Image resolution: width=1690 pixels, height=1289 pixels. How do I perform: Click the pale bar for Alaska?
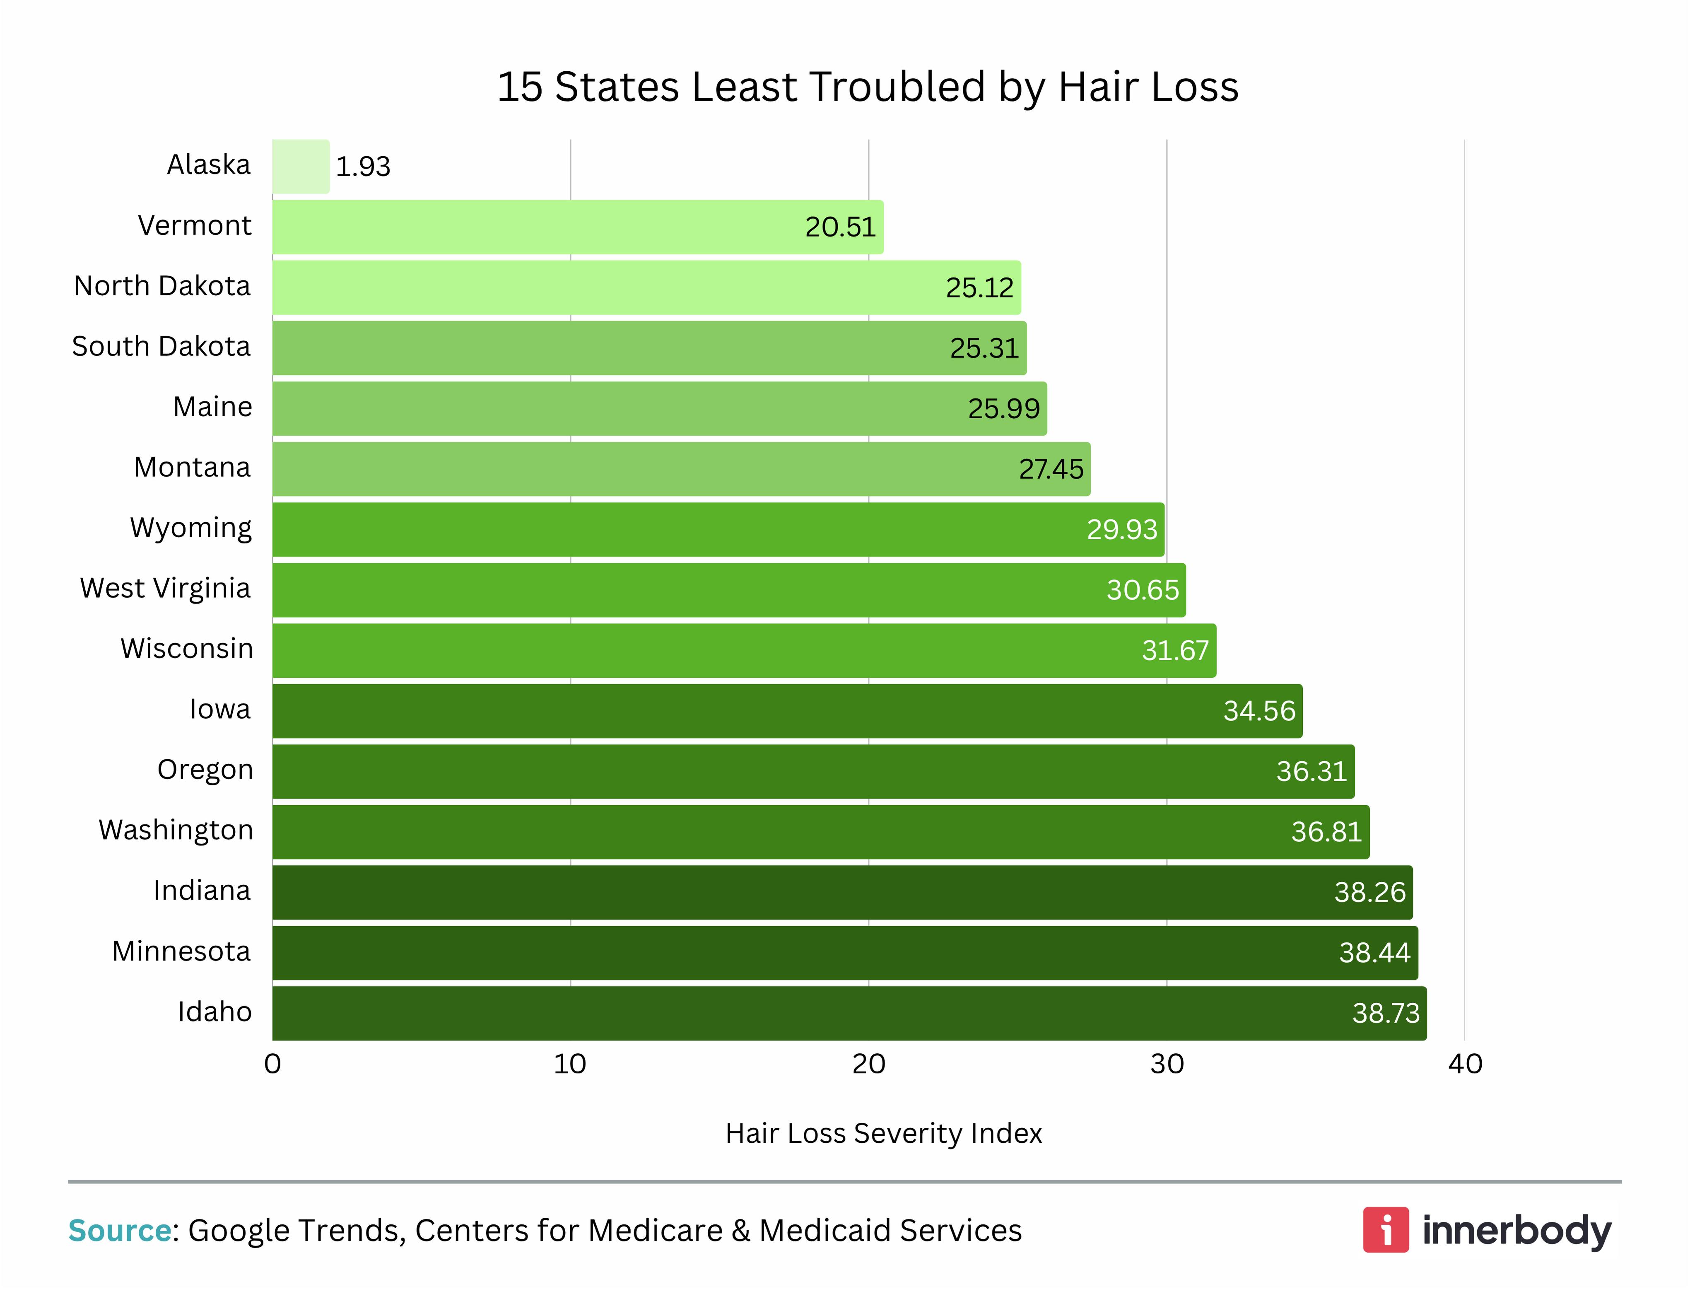pos(301,167)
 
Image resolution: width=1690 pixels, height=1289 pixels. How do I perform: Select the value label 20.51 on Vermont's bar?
pos(840,227)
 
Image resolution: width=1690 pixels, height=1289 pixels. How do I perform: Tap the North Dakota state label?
pos(162,286)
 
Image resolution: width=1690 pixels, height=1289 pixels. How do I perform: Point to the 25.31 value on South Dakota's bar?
pos(984,348)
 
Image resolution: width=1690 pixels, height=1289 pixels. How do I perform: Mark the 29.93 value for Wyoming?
pos(1121,529)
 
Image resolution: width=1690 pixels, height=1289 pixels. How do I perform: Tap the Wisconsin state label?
pos(186,649)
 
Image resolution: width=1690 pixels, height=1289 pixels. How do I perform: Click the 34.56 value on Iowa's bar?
pos(1259,711)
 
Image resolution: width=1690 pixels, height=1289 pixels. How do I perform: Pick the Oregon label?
pos(205,770)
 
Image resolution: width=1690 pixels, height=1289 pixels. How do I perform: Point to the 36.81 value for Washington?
pos(1326,832)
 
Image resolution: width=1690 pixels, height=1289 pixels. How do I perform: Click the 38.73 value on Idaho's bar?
pos(1386,1014)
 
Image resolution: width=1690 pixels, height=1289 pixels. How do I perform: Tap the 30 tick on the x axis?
pos(1166,1064)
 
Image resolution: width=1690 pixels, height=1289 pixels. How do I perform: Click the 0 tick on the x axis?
pos(272,1064)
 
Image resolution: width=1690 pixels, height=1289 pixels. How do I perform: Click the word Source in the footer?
pos(119,1231)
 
